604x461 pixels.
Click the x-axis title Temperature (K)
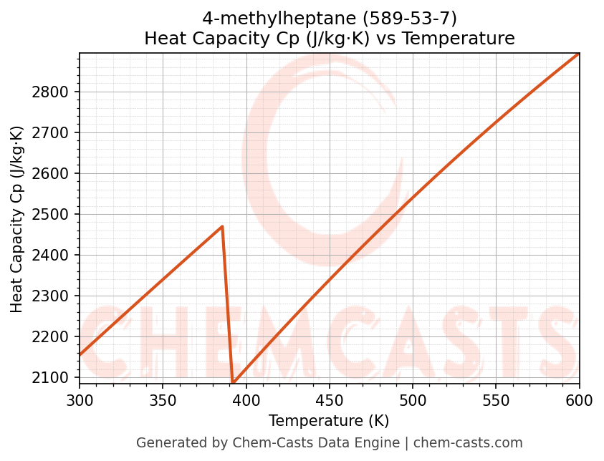[329, 421]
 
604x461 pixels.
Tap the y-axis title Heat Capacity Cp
[17, 218]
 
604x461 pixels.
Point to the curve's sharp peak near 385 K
[222, 226]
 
